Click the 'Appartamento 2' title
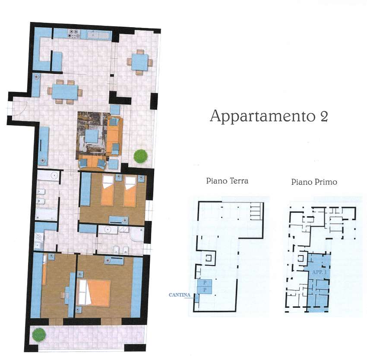[269, 116]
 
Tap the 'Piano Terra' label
[227, 181]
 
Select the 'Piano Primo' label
[314, 182]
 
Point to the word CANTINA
[180, 295]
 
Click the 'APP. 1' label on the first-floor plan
[320, 272]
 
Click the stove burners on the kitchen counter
[74, 33]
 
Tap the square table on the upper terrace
[140, 62]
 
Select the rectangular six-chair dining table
[65, 92]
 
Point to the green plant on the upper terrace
[140, 156]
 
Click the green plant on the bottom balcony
[39, 335]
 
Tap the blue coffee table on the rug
[92, 136]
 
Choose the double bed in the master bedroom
[94, 293]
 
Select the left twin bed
[108, 191]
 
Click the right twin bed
[130, 191]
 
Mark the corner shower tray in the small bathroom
[137, 234]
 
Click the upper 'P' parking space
[205, 283]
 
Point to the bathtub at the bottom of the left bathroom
[46, 214]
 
